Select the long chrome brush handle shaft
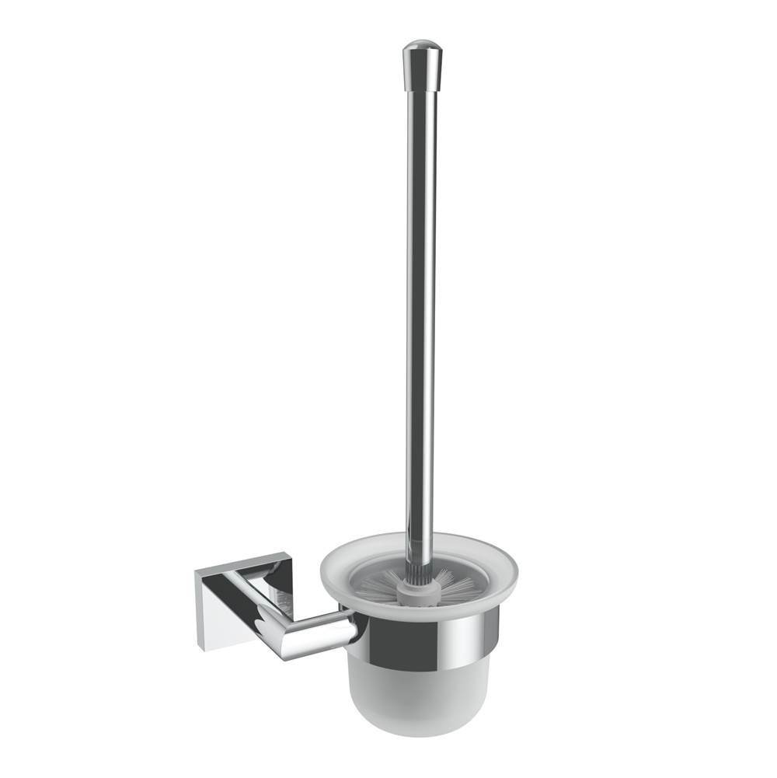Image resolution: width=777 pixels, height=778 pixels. coord(420,311)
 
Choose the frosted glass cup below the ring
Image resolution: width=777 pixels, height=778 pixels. coord(420,692)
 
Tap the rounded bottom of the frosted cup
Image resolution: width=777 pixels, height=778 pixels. coord(420,727)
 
